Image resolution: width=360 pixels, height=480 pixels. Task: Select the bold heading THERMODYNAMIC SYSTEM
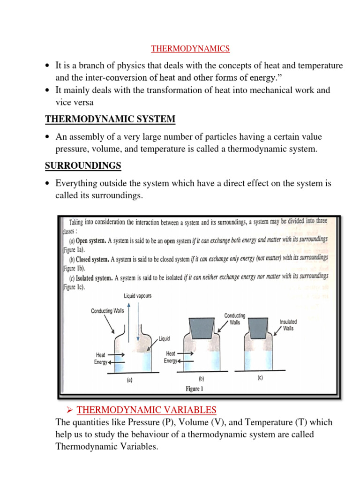pos(110,120)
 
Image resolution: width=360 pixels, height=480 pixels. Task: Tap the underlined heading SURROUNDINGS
pos(83,166)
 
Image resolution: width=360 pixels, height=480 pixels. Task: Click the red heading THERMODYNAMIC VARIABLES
pos(147,410)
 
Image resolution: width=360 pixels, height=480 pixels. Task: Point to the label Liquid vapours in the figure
pos(137,296)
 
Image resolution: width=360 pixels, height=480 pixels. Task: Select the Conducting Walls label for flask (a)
pos(107,311)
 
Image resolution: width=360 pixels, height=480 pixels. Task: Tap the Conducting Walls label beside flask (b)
pos(235,319)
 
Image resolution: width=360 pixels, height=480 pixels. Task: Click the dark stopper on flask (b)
pos(202,326)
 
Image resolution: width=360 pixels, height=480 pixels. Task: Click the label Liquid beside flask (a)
pos(164,338)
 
